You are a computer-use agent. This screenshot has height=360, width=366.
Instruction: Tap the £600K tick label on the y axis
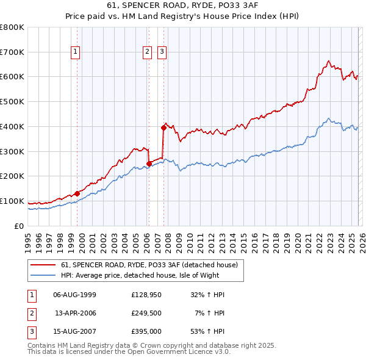tap(12, 77)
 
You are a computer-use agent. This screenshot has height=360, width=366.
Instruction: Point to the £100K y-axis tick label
tap(12, 201)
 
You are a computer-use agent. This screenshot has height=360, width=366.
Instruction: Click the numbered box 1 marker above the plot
tap(75, 52)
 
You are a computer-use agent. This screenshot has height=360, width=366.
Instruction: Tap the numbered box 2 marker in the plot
tap(148, 52)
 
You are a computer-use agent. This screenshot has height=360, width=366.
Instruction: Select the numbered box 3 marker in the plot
tap(162, 52)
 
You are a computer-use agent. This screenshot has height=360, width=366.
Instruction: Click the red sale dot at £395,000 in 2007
tap(163, 128)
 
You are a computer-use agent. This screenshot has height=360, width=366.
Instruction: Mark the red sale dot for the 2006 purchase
tap(149, 164)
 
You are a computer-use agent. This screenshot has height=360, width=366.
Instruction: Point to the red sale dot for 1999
tap(77, 193)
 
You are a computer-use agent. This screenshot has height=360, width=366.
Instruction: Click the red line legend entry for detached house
tap(152, 265)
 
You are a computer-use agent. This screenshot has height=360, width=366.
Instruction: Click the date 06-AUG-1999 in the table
tap(75, 295)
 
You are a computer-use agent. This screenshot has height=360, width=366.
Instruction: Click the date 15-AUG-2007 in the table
tap(75, 331)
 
